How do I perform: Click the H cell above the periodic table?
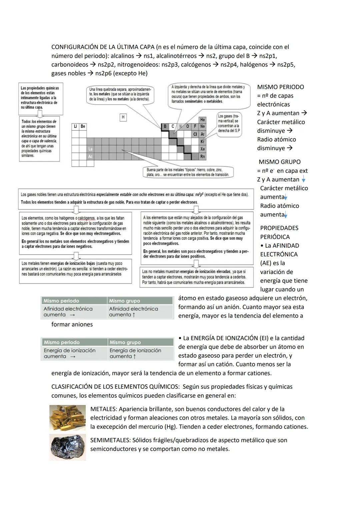click(123, 117)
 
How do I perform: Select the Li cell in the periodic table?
click(75, 126)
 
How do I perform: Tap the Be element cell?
click(83, 126)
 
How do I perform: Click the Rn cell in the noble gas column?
click(202, 156)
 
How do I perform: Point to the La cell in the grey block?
click(90, 149)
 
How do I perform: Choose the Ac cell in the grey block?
click(90, 156)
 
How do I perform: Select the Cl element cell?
click(195, 134)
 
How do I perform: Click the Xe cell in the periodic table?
click(202, 149)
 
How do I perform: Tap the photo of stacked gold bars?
click(67, 418)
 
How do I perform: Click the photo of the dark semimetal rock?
click(68, 447)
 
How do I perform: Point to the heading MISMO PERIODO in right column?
click(280, 87)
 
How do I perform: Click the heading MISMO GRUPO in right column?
click(279, 162)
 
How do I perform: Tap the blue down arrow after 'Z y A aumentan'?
click(303, 180)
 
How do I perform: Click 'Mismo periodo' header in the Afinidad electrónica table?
click(61, 301)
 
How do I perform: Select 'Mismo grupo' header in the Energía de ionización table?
click(125, 342)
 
